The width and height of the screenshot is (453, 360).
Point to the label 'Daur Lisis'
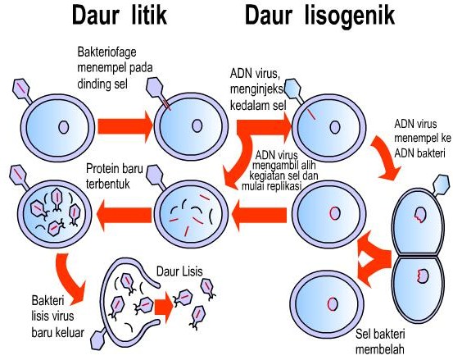[x=179, y=270]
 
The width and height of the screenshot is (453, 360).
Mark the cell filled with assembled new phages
[x=52, y=215]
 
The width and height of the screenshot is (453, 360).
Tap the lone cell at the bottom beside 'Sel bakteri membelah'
[x=332, y=303]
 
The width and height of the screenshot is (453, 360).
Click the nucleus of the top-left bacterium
[x=63, y=127]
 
